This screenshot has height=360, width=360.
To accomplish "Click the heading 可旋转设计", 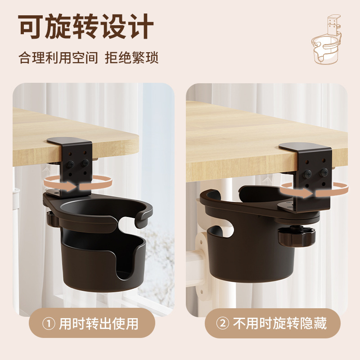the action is pos(85,26).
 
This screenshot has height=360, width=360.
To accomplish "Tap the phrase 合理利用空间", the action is pos(58,58).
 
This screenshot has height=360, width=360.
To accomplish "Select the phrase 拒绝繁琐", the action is pos(131,58).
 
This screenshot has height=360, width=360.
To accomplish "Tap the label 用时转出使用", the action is pos(99,324).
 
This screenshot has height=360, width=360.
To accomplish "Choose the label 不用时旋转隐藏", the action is pos(279,324).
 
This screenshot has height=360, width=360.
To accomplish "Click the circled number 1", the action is pos(49,324).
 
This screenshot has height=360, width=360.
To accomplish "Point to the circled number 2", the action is pos(223,324).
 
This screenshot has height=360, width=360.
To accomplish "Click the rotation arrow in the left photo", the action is pos(78,183).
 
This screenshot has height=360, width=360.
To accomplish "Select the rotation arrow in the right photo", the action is pos(315,190).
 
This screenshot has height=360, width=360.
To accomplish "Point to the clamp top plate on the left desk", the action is pos(69,141).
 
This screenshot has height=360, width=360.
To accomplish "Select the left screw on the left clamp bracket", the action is pos(70,164).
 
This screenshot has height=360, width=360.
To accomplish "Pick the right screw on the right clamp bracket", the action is pos(324,172).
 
